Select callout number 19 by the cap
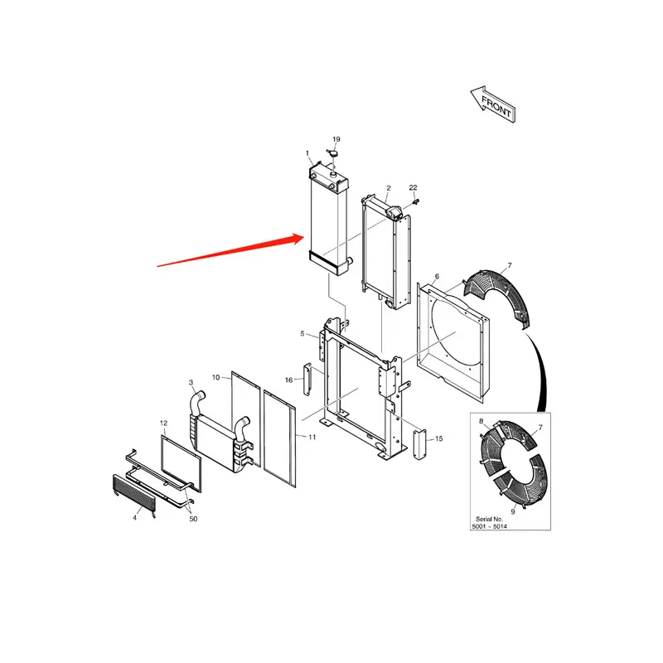[336, 138]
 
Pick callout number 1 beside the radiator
[307, 153]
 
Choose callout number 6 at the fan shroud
[437, 275]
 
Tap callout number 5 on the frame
[303, 333]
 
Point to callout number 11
[312, 437]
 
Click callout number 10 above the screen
[215, 377]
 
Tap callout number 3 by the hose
[191, 382]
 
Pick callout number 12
[163, 423]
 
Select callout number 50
[193, 519]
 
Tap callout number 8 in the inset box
[481, 422]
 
